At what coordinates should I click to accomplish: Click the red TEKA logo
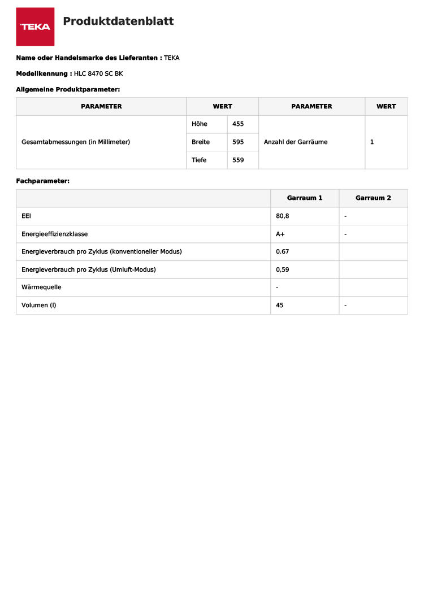[x=35, y=27]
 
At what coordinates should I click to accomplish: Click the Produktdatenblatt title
[x=118, y=21]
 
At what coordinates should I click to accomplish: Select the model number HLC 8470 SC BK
[x=98, y=73]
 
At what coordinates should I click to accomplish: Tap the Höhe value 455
[x=238, y=124]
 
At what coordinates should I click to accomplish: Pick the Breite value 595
[x=238, y=142]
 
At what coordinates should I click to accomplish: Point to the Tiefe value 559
[x=238, y=160]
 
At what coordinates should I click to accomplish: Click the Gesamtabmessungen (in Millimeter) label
[x=76, y=142]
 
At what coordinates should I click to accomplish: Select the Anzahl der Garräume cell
[x=296, y=142]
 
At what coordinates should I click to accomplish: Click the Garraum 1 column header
[x=305, y=198]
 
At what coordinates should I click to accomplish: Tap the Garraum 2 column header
[x=373, y=198]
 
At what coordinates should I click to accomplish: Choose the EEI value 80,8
[x=283, y=216]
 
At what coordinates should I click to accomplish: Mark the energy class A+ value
[x=280, y=234]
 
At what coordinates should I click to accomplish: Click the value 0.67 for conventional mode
[x=282, y=251]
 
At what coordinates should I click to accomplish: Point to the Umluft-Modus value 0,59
[x=282, y=269]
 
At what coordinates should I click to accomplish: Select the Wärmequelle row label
[x=41, y=287]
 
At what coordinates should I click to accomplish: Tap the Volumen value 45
[x=280, y=305]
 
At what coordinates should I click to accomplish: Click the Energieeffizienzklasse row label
[x=54, y=234]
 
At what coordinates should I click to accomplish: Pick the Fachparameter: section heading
[x=43, y=181]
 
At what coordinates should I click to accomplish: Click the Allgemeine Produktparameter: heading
[x=68, y=89]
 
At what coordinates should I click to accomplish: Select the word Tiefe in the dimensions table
[x=199, y=160]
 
